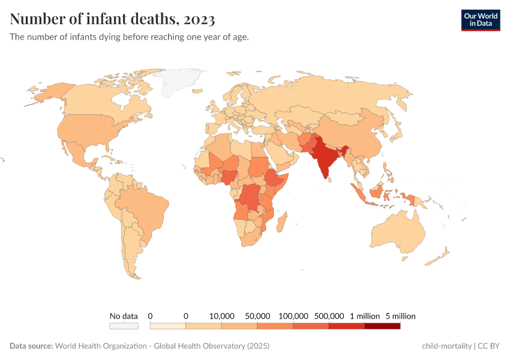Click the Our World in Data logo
(480, 20)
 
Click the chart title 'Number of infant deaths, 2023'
(112, 19)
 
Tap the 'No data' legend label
(124, 316)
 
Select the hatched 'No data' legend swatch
(124, 326)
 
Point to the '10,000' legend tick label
(221, 316)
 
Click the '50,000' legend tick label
(257, 316)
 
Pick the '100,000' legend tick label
(293, 316)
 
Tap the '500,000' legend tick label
(329, 316)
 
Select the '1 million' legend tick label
(364, 316)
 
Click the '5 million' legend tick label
(400, 316)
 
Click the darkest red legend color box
(382, 326)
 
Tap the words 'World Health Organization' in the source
(103, 346)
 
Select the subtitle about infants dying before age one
(129, 37)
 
